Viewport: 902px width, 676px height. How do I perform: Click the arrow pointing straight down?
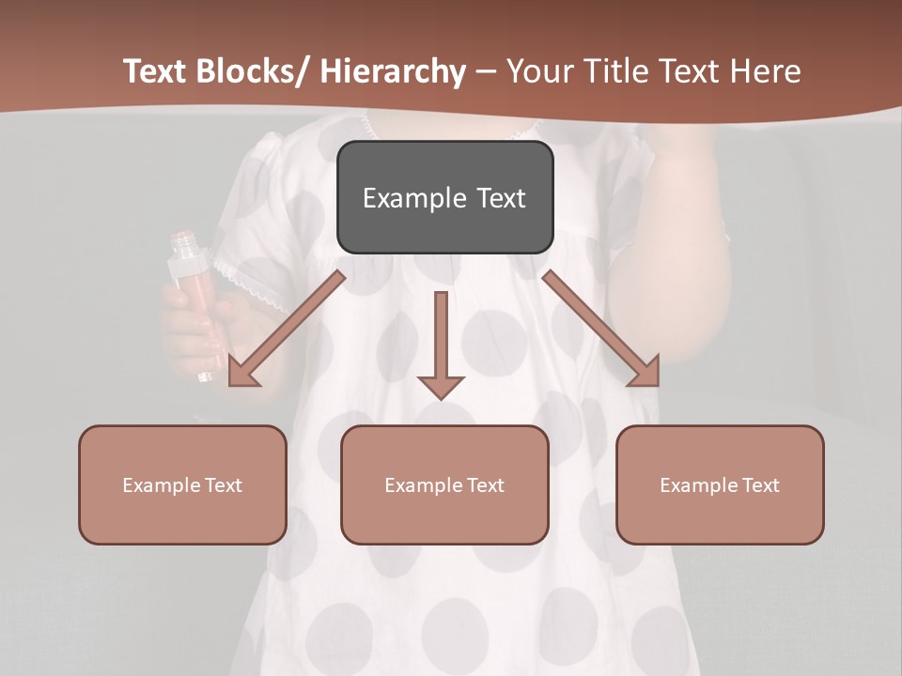click(441, 343)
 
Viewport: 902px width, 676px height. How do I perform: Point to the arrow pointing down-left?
click(287, 329)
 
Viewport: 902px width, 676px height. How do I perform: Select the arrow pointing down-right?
click(601, 329)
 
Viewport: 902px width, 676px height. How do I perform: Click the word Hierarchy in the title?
click(392, 71)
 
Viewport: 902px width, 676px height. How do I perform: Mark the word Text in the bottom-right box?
click(760, 485)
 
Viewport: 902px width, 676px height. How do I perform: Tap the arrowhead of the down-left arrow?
click(242, 373)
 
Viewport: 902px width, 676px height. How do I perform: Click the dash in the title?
click(486, 71)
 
